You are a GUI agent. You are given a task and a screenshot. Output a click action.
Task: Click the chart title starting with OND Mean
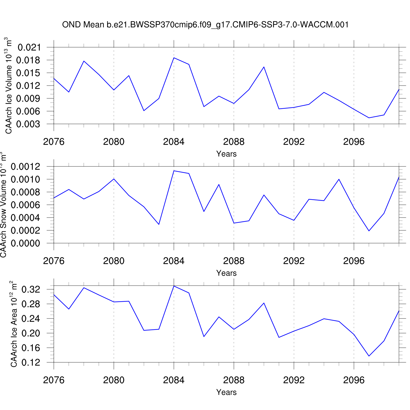click(205, 25)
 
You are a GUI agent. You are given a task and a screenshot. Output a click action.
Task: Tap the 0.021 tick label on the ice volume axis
click(29, 48)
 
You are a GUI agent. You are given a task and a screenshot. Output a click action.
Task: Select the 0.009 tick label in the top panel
click(28, 99)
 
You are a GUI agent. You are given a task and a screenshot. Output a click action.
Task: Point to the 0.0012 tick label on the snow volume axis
click(25, 166)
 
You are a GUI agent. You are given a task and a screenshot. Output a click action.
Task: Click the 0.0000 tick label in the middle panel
click(25, 243)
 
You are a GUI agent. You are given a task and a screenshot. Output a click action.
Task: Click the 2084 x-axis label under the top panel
click(174, 142)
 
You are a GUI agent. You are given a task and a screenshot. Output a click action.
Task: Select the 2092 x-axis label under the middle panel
click(294, 261)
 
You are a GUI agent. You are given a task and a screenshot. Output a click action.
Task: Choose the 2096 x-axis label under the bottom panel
click(354, 380)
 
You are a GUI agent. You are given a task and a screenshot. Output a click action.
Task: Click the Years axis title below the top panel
click(226, 154)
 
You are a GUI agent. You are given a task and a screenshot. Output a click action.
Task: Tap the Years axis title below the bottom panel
click(226, 392)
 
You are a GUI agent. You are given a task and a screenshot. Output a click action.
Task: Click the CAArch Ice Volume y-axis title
click(9, 86)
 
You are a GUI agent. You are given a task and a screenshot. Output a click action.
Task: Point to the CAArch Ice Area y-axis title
click(14, 324)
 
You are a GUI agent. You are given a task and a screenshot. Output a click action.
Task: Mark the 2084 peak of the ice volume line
click(174, 58)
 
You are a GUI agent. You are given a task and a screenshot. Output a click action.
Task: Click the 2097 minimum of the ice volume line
click(369, 118)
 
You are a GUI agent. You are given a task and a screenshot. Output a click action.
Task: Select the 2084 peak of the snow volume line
click(174, 171)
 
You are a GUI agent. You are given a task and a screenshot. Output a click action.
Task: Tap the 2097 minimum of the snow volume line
click(369, 231)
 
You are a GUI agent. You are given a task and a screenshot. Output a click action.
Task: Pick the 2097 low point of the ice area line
click(369, 356)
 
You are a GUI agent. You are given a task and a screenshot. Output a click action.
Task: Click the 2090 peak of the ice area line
click(264, 303)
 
